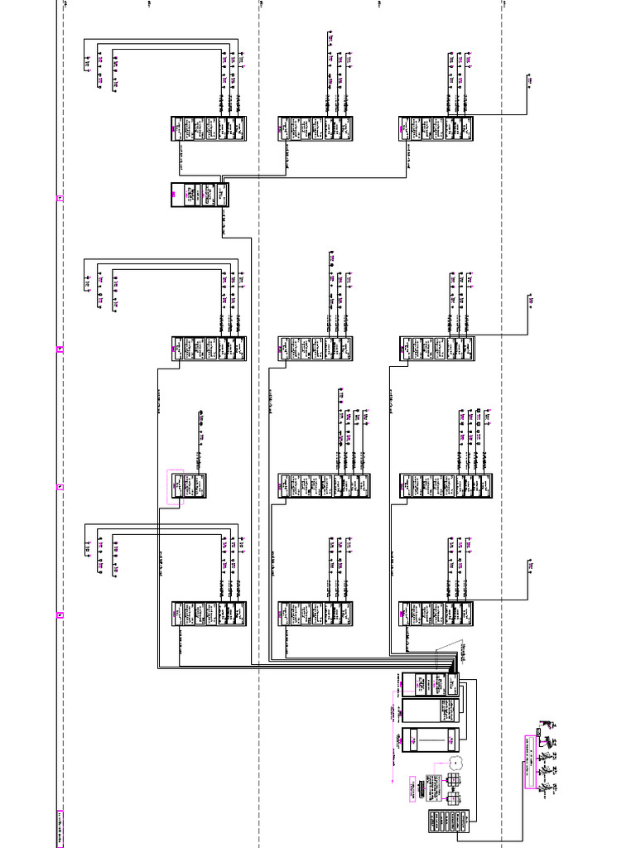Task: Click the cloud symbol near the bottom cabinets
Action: coord(455,760)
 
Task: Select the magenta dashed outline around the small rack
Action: coord(175,487)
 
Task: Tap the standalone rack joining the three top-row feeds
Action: coord(200,195)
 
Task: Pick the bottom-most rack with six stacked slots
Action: coord(451,821)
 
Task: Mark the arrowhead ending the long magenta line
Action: coord(392,781)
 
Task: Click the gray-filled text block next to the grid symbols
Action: coord(434,789)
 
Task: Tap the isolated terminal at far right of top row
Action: coord(528,80)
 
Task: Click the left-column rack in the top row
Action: coord(209,129)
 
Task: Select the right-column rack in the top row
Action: coord(436,129)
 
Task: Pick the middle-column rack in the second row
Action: coord(316,349)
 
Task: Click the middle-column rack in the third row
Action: coord(324,486)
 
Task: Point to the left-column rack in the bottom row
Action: coord(209,614)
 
